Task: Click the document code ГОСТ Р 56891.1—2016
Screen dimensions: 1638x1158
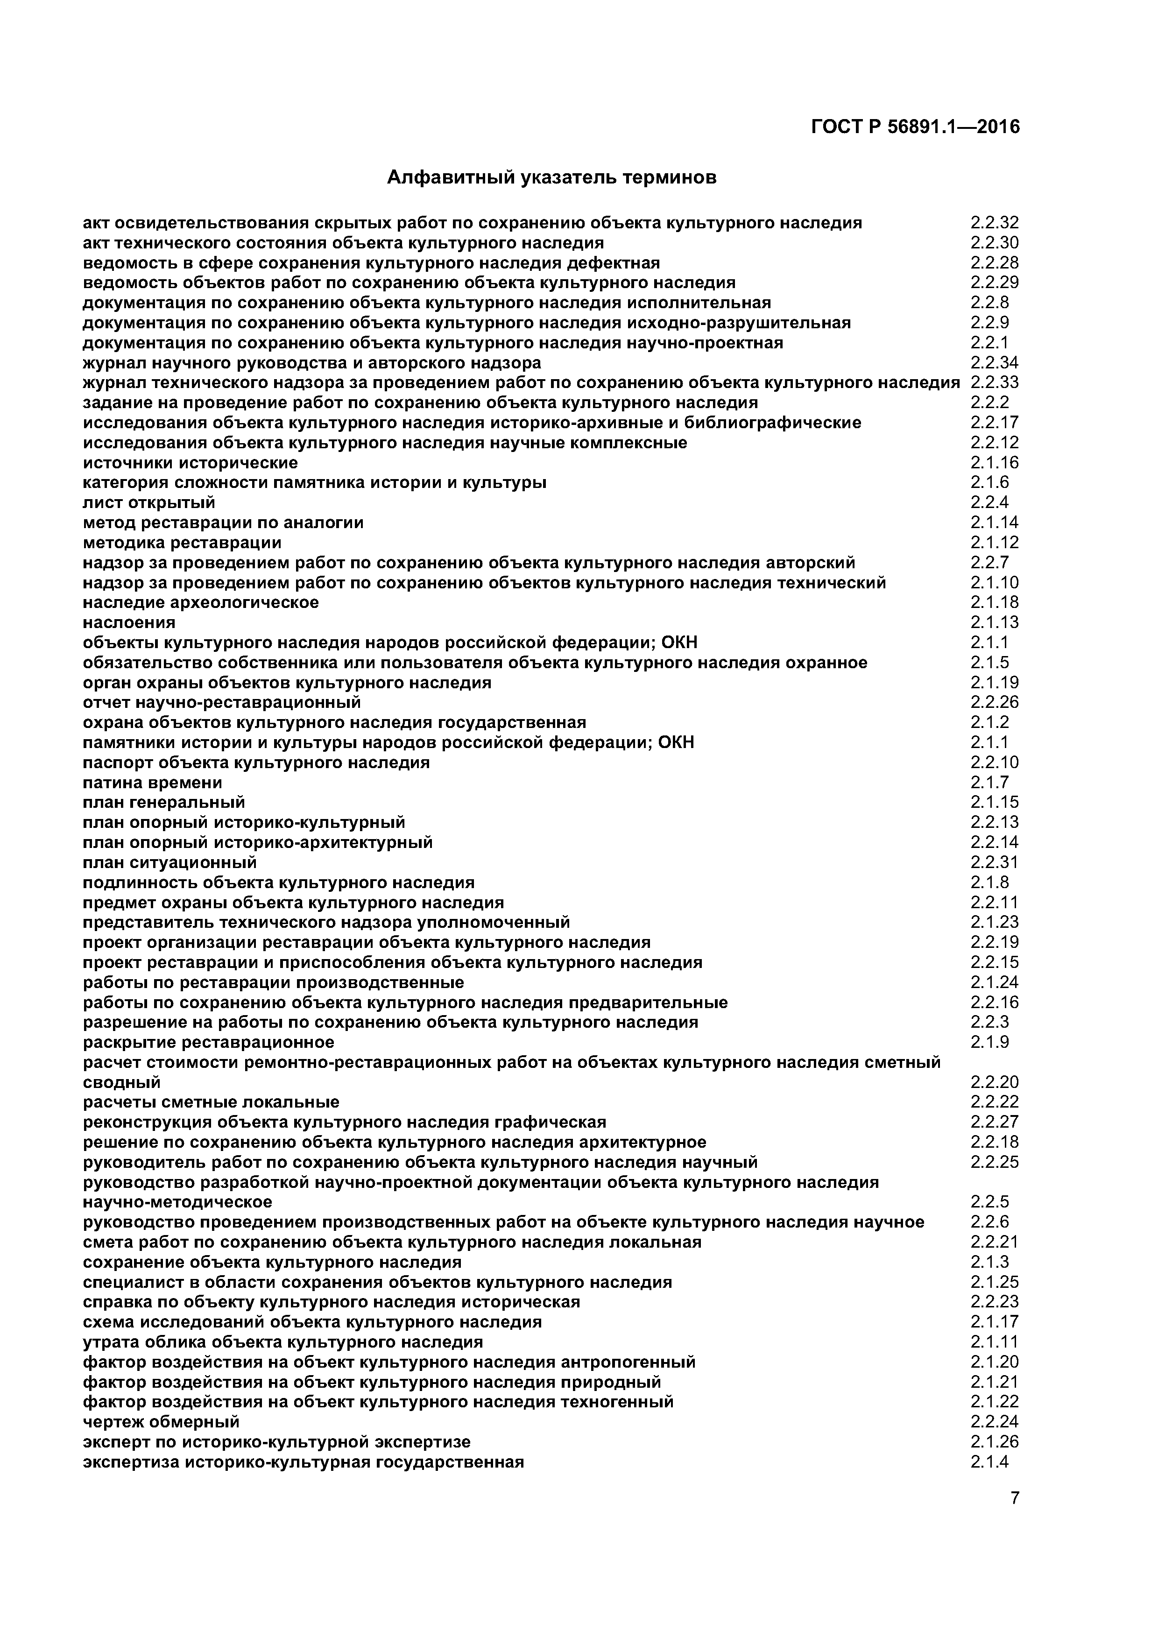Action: click(x=915, y=127)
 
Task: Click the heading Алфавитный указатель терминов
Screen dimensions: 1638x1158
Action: click(x=551, y=177)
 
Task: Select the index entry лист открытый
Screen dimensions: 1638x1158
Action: click(x=149, y=503)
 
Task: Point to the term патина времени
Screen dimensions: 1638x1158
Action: click(x=153, y=783)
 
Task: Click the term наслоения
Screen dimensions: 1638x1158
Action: click(x=129, y=623)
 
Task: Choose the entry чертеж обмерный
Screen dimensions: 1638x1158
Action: click(x=161, y=1422)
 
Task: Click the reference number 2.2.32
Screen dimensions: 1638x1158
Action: click(x=995, y=223)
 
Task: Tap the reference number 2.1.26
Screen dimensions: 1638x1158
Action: click(x=995, y=1442)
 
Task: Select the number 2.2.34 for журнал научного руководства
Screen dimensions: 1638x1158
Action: click(x=995, y=363)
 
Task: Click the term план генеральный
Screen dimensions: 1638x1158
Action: click(x=164, y=803)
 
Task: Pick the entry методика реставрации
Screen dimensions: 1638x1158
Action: click(x=182, y=543)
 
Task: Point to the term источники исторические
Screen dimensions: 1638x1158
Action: click(x=191, y=463)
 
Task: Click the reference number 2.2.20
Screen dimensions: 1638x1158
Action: click(x=995, y=1082)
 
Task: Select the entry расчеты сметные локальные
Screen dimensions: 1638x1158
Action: click(x=211, y=1102)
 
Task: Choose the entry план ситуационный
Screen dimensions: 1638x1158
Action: click(x=170, y=862)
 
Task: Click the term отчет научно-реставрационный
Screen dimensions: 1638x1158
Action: click(x=222, y=703)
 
